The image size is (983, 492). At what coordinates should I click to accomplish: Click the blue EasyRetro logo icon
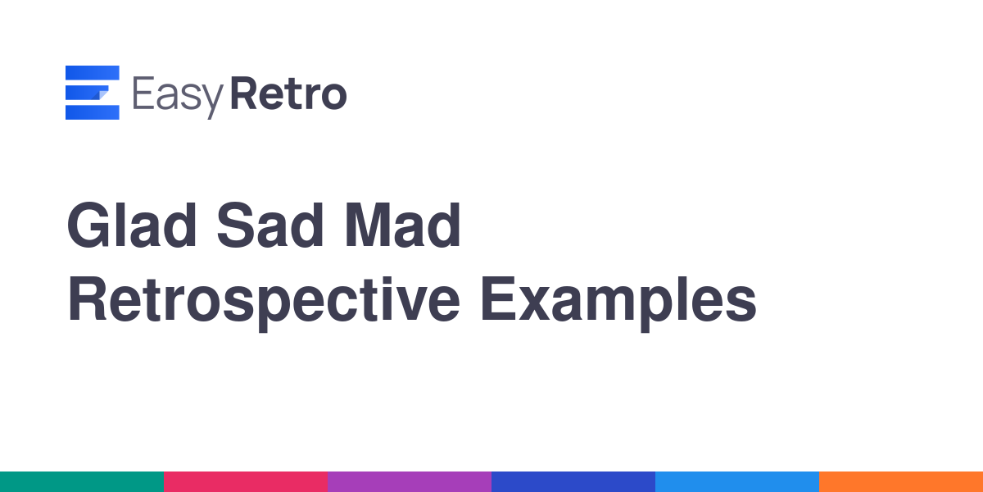coord(92,92)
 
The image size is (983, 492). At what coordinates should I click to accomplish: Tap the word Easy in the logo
coord(178,96)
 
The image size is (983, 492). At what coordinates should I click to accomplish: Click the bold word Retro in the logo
coord(288,93)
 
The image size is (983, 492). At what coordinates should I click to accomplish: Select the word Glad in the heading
coord(132,225)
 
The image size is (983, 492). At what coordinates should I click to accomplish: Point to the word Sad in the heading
coord(270,225)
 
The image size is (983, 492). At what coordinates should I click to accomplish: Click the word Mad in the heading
coord(403,225)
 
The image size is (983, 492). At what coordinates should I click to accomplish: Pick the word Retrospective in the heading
coord(263,303)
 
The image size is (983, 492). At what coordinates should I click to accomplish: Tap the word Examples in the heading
coord(618,303)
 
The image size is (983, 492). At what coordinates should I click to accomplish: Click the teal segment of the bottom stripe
coord(82,482)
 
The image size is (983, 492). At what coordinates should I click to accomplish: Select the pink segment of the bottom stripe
coord(246,482)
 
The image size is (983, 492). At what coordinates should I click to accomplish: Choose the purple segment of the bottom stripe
coord(410,482)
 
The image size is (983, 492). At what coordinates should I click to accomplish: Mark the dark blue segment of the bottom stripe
coord(573,482)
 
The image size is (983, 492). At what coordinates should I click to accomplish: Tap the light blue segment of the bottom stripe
coord(737,482)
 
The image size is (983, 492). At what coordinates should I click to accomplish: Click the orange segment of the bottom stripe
coord(901,482)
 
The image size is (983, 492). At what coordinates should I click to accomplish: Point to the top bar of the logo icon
coord(92,72)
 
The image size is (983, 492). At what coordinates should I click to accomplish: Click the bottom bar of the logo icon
coord(92,112)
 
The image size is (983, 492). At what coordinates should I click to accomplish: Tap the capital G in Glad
coord(88,225)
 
